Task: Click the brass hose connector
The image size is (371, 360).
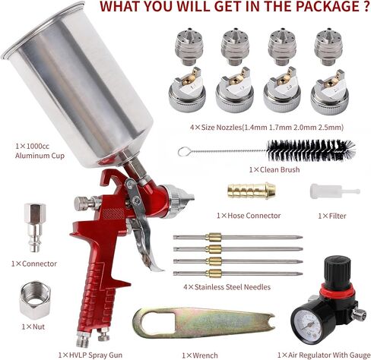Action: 252,190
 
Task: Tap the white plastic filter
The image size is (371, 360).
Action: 334,191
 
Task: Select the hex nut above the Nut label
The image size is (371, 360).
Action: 35,300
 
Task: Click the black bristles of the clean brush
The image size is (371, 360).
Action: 311,150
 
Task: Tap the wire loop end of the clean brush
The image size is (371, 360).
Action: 183,152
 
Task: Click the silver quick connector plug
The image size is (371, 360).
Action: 35,228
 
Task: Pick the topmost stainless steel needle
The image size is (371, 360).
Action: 238,238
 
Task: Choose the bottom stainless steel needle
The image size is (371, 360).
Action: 238,273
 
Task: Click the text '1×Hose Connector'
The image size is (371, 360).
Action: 249,216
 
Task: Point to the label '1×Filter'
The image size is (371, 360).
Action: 332,216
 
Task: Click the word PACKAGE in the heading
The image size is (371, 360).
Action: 327,6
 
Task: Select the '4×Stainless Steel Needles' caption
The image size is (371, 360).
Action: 227,287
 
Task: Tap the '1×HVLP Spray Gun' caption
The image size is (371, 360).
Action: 90,355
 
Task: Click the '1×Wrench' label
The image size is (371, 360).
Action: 200,355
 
